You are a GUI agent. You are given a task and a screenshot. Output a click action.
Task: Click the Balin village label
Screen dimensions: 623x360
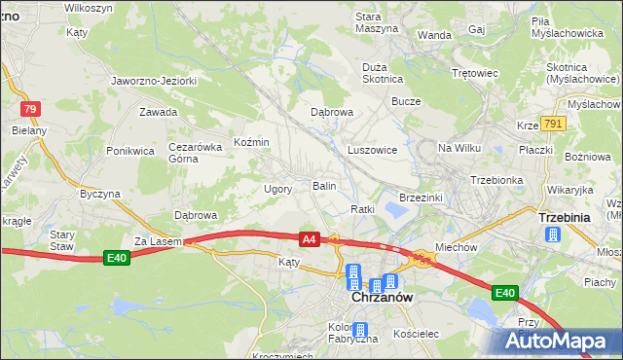tap(324, 185)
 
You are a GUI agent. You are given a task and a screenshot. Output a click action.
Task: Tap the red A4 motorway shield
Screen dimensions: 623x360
tap(309, 239)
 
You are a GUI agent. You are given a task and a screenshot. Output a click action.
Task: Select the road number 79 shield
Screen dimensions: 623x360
tap(31, 109)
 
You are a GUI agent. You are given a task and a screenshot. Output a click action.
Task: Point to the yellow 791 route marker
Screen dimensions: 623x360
tap(554, 124)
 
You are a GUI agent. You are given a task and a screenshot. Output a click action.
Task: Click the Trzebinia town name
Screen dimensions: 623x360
tap(564, 218)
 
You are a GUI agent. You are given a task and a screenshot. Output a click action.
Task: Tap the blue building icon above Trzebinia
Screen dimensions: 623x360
tap(553, 234)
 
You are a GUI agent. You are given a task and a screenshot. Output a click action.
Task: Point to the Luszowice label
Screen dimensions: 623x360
tap(372, 151)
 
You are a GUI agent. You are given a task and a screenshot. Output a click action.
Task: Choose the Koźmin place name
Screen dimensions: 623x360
tap(251, 142)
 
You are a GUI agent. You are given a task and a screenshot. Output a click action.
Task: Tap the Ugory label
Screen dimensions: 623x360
tap(278, 189)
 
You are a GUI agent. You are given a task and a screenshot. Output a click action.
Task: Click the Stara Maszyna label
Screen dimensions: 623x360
tap(376, 22)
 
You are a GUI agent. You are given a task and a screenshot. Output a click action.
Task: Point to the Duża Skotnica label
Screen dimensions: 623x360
tap(382, 73)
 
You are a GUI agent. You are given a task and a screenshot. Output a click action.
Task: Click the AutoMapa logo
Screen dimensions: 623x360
tap(560, 341)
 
